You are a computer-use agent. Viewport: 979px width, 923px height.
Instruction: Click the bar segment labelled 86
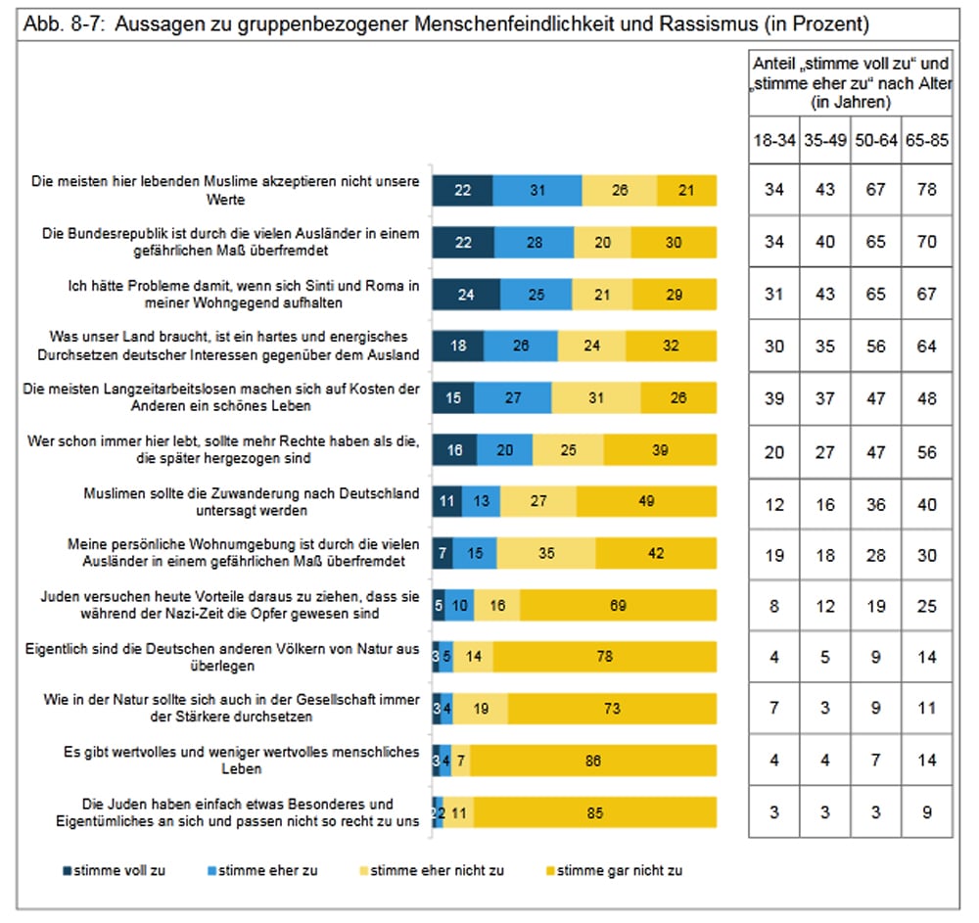pos(593,761)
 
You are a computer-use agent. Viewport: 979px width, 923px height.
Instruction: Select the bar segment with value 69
pos(618,606)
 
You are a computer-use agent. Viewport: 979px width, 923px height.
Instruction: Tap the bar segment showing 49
pos(646,501)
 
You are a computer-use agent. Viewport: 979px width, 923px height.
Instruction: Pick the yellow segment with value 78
pos(604,656)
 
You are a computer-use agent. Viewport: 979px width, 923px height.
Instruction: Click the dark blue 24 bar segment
pos(466,294)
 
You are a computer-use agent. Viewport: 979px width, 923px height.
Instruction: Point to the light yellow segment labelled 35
pos(545,554)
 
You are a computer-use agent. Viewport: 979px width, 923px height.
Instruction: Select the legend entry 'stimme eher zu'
pos(261,870)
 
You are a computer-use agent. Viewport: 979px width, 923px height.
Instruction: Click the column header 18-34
pos(774,140)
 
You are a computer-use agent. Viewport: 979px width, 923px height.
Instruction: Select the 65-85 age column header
pos(926,140)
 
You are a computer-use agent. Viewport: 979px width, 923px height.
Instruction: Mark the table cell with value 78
pos(926,189)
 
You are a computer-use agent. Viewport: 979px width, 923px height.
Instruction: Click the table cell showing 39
pos(774,398)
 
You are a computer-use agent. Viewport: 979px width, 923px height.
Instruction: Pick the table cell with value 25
pos(926,606)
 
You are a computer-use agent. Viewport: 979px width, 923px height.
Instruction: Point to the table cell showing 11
pos(926,708)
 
